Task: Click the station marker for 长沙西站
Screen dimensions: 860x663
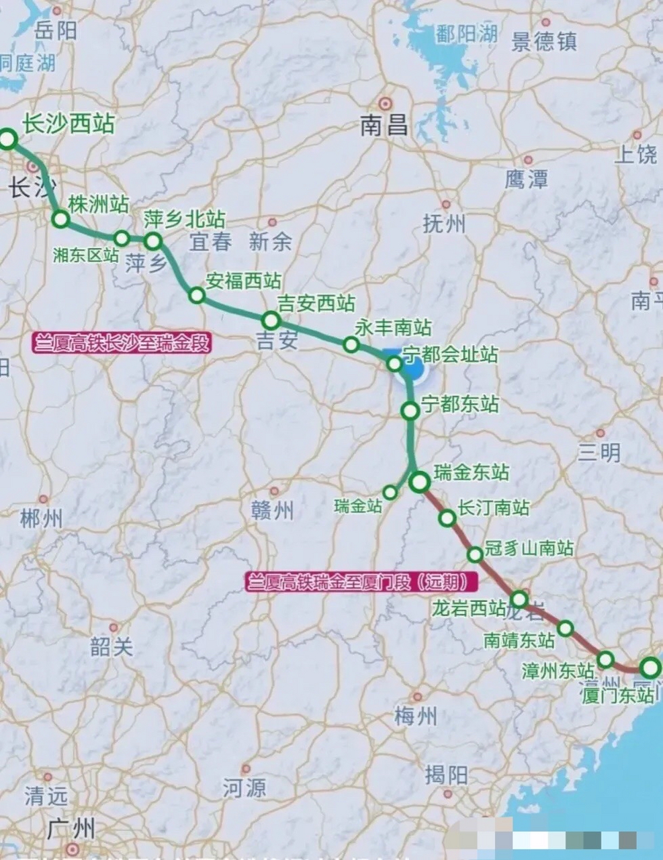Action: click(x=7, y=139)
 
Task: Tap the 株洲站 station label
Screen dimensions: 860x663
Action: click(x=98, y=205)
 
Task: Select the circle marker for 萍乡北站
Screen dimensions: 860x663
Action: click(x=153, y=241)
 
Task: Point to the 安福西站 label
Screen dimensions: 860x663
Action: click(x=243, y=281)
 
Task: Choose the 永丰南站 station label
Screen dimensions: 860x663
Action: click(x=393, y=327)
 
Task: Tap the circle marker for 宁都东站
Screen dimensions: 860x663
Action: click(x=410, y=411)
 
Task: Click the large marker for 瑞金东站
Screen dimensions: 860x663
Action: click(x=420, y=481)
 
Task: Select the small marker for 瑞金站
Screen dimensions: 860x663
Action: click(x=390, y=492)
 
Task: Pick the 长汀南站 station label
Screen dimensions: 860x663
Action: click(x=494, y=508)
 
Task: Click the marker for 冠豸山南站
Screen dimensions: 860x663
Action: click(x=475, y=554)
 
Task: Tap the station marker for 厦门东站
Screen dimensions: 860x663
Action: click(x=650, y=668)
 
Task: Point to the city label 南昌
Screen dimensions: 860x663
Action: click(x=384, y=125)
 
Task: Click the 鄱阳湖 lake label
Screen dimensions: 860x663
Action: click(x=466, y=34)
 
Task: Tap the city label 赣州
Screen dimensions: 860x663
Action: click(x=273, y=511)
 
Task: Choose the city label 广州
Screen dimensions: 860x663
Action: click(x=71, y=828)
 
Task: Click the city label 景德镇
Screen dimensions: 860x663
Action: click(x=544, y=42)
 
